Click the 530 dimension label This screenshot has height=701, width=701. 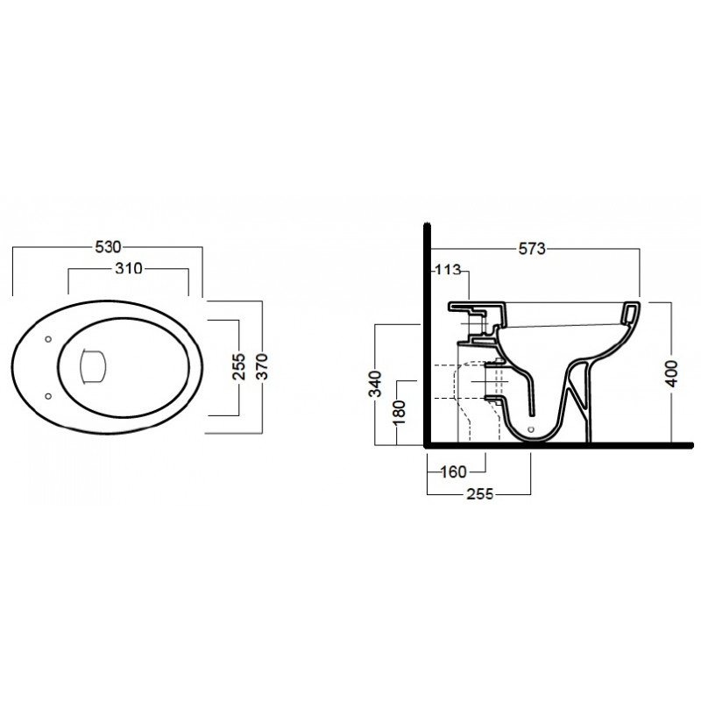tap(108, 247)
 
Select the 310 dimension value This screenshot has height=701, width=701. tap(129, 268)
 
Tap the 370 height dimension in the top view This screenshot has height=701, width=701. tap(262, 366)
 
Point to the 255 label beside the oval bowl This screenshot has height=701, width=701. tap(238, 366)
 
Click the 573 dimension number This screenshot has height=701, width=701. tap(532, 248)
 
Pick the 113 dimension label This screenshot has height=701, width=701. tap(448, 270)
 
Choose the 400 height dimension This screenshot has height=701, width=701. tap(671, 373)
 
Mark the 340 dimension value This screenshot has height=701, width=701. tap(377, 384)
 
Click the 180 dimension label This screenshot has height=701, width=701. tap(398, 412)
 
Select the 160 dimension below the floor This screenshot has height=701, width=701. tap(453, 471)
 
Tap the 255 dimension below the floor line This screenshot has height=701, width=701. tap(479, 494)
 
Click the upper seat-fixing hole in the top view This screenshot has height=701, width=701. tap(48, 339)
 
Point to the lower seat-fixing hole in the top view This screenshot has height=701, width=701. tap(48, 396)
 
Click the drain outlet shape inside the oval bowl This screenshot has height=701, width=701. tap(93, 366)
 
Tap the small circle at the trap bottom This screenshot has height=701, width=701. tap(531, 429)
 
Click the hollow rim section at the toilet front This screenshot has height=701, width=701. tap(629, 312)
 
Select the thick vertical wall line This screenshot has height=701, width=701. tap(428, 336)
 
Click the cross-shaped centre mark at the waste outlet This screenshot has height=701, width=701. tap(490, 381)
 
